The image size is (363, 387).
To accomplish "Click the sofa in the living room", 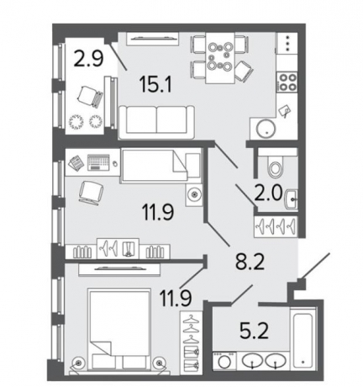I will coord(158,122).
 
